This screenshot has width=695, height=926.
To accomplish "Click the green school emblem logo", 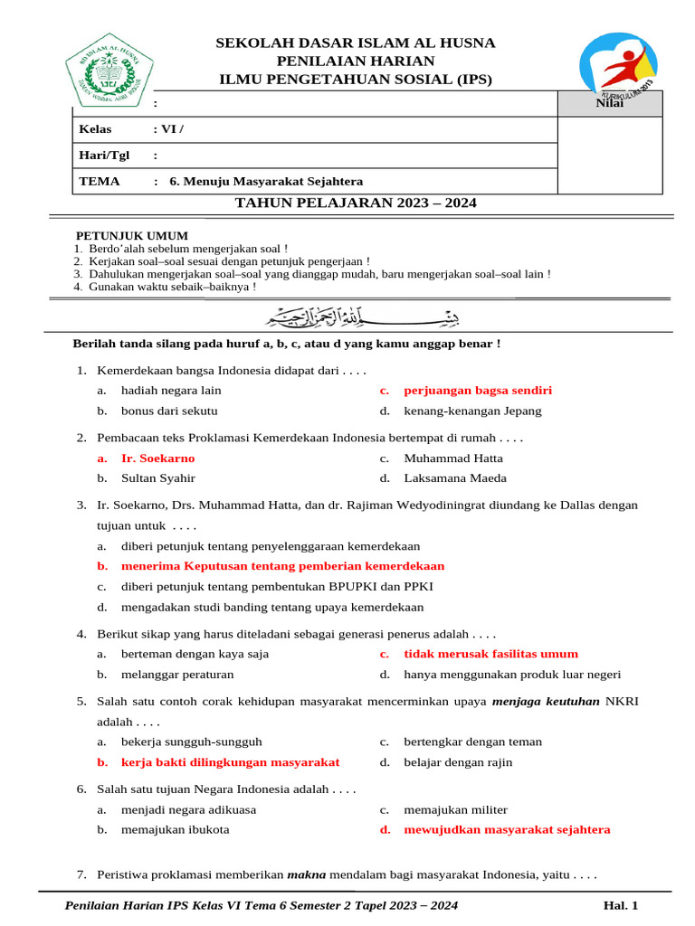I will coord(109,70).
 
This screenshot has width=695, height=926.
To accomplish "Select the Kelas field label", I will coord(96,129).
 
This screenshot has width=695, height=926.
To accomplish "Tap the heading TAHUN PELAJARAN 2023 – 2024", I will coord(356,203).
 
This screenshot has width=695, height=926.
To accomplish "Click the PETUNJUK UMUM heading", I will coord(131,236).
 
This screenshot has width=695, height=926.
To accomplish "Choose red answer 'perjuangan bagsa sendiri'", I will coord(478,391).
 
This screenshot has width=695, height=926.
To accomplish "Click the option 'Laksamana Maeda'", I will coord(455,478).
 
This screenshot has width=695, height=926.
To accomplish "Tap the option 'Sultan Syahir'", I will coord(158,478).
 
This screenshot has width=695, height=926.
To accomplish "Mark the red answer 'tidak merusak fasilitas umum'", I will coord(490,654).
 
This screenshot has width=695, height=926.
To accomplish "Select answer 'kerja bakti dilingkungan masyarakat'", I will coord(230,761).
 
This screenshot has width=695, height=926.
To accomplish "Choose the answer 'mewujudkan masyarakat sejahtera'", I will coord(507,829).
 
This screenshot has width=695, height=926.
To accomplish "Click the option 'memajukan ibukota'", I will coord(175,829).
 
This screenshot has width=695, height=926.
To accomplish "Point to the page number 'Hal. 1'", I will coord(621,905).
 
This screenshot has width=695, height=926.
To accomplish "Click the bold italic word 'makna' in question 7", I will coord(306,874).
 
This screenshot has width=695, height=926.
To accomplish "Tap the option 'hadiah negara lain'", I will coord(171,391).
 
